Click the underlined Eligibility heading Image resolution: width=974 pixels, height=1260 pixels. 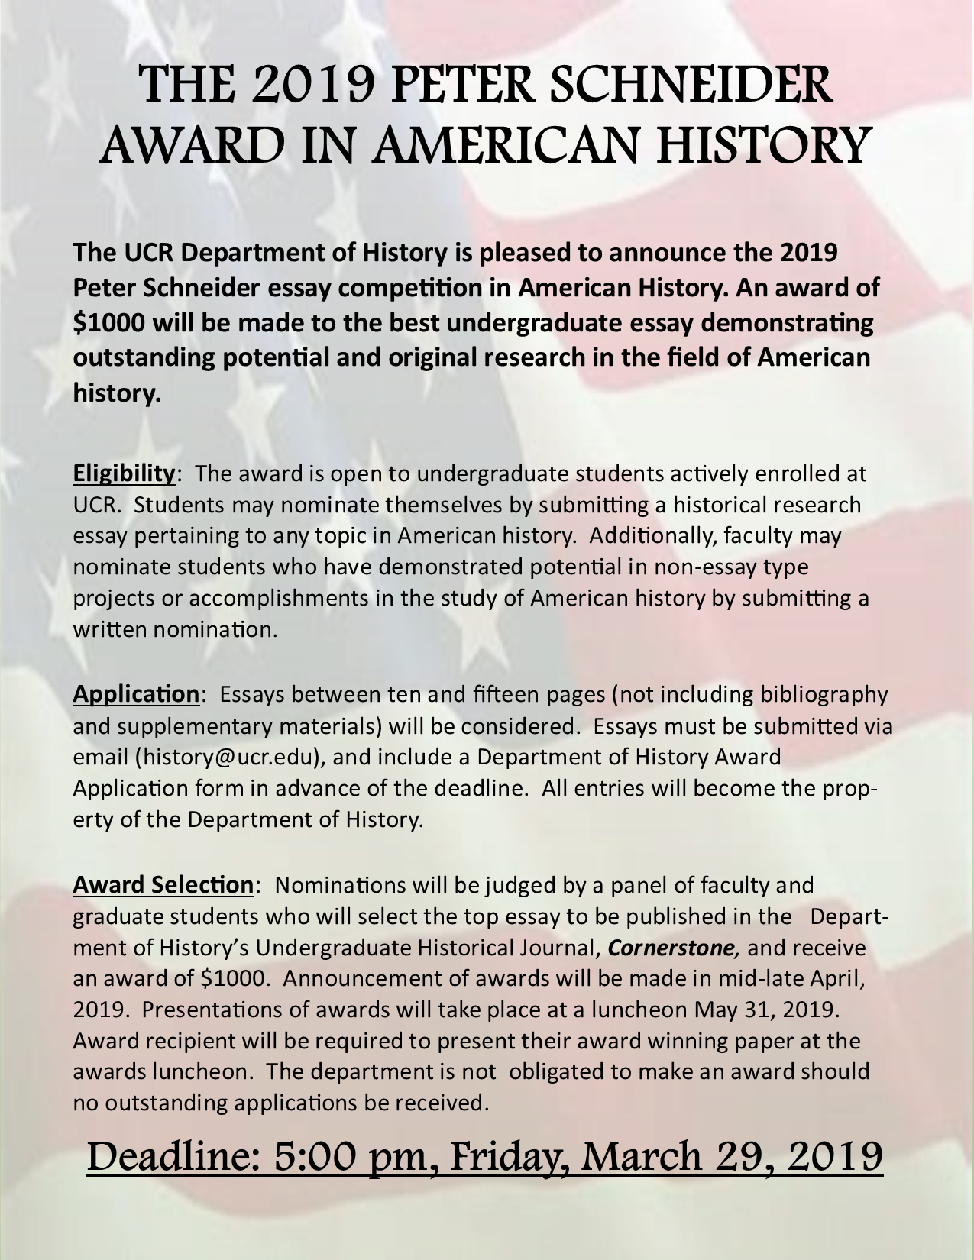click(x=124, y=473)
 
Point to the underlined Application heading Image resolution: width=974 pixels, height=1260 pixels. click(x=136, y=694)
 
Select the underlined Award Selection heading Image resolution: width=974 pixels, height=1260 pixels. click(x=163, y=885)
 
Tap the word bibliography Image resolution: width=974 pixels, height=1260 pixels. click(x=824, y=694)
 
